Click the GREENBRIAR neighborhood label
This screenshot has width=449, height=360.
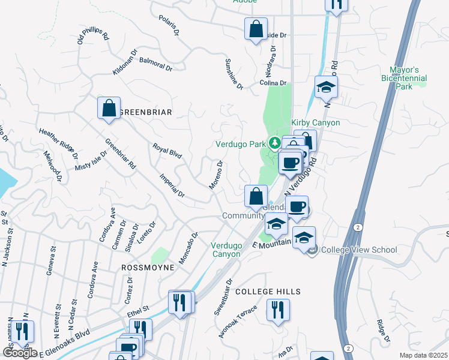click(146, 112)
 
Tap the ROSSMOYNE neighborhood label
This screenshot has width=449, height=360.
click(148, 267)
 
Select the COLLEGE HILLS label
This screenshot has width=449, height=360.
click(268, 292)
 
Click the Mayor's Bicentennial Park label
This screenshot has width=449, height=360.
click(404, 78)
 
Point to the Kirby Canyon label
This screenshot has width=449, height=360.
click(316, 122)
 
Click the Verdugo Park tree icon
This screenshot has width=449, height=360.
click(274, 143)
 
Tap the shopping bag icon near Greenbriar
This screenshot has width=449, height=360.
click(109, 109)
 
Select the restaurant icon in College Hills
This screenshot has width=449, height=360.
click(277, 310)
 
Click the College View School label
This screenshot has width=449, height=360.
click(359, 250)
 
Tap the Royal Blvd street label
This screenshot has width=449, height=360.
click(167, 151)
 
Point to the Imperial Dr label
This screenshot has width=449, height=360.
click(172, 185)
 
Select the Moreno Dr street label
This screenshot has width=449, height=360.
click(216, 175)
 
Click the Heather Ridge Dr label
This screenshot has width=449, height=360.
click(58, 140)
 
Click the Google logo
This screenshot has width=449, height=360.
click(20, 352)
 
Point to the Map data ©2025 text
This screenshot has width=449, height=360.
click(424, 355)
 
